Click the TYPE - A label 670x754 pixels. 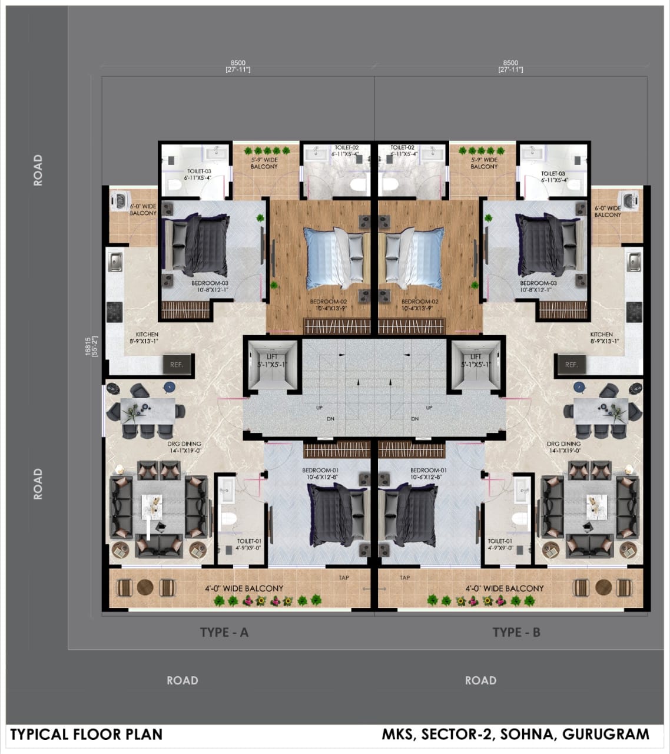point(224,632)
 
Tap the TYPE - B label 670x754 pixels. point(516,632)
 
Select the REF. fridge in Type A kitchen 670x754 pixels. point(177,365)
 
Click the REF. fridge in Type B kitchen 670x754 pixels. point(571,365)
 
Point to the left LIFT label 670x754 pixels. point(272,357)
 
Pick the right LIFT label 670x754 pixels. point(476,357)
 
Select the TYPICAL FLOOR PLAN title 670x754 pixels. point(86,735)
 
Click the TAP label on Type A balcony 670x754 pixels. point(344,577)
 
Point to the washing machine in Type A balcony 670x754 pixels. point(117,200)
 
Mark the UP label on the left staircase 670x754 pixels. point(320,408)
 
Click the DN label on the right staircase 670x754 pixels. point(415,419)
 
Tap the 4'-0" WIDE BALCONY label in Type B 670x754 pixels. point(505,588)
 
